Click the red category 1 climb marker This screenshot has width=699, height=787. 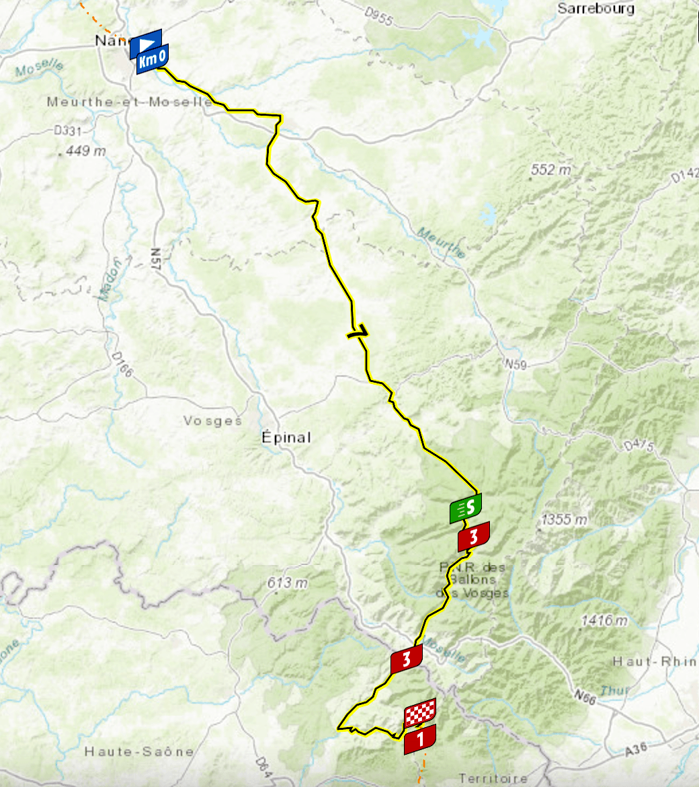click(x=420, y=739)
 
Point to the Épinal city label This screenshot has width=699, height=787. click(x=286, y=438)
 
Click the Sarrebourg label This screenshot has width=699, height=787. click(x=595, y=9)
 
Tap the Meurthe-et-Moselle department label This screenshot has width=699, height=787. click(x=130, y=102)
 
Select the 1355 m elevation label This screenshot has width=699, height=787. click(x=563, y=520)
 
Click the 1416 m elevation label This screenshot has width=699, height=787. click(x=604, y=620)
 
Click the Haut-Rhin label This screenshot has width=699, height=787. click(x=654, y=662)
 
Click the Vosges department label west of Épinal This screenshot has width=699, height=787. click(x=212, y=421)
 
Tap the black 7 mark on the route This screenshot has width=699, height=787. click(x=359, y=331)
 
